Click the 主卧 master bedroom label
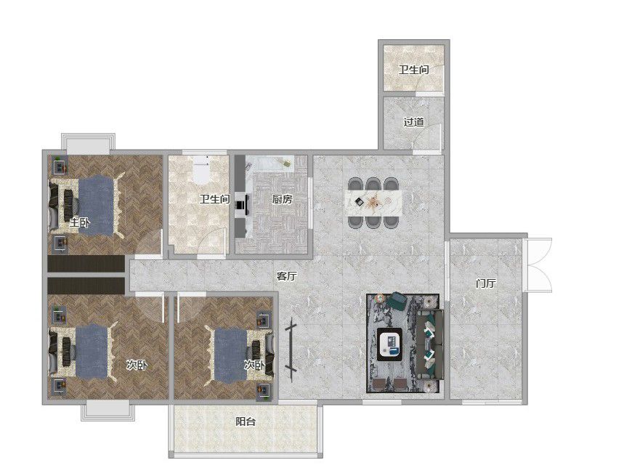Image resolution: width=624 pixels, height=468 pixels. pos(80,222)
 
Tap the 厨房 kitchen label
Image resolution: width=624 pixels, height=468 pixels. pos(282,198)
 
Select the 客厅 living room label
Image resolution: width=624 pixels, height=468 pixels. pos(286,276)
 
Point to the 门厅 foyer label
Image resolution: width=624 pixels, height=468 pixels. pos(486,283)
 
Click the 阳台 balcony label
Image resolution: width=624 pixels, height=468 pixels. pos(245,421)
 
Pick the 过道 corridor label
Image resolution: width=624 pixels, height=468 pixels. pos(413,122)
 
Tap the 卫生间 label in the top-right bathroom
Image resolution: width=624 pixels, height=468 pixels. pos(414,70)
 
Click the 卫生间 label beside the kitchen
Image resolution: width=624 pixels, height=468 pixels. pos(214,198)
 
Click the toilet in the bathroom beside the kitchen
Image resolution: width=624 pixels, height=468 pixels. pos(201,169)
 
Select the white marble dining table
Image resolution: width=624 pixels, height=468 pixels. pos(373,203)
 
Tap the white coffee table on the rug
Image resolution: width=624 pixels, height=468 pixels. pos(389,344)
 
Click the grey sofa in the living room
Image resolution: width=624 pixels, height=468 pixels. pos(430,344)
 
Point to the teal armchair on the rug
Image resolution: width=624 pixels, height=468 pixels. pos(398,300)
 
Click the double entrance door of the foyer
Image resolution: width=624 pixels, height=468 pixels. pos(538,265)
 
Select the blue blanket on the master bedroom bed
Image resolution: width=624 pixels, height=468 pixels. pos(96,206)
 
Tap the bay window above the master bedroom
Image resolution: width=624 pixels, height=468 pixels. pos(88,144)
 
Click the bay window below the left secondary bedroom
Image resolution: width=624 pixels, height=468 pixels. pos(108,411)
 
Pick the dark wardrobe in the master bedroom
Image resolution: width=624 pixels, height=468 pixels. pos(86,264)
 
